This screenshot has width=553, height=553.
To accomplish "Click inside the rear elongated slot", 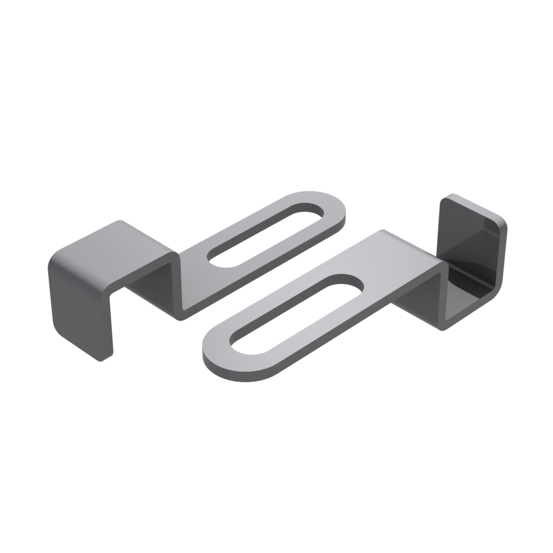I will click(267, 232).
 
